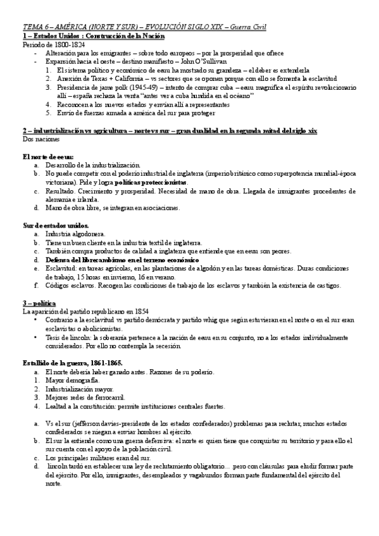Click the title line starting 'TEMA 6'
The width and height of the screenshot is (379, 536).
(x=144, y=28)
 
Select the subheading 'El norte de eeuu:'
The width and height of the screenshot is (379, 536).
(x=48, y=155)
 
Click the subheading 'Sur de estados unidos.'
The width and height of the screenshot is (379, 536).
(x=56, y=225)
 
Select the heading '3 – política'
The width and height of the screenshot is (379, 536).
(x=39, y=303)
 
